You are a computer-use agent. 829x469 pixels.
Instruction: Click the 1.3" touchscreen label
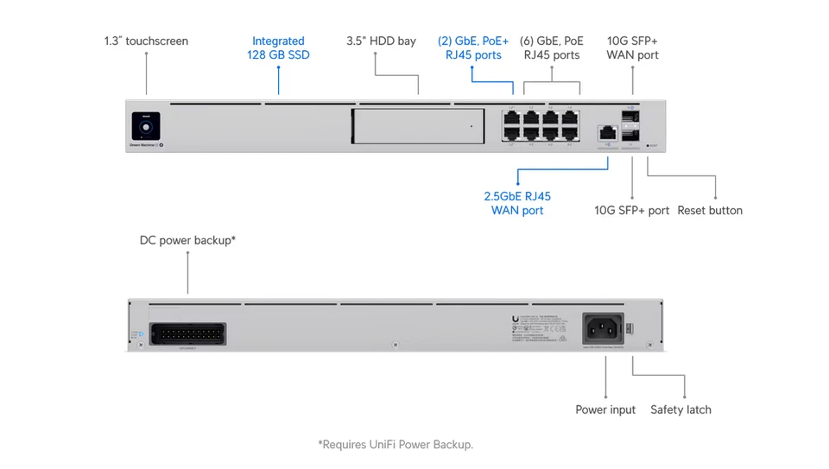[146, 41]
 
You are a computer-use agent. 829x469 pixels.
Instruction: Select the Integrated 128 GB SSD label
[278, 48]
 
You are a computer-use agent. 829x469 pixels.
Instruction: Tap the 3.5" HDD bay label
[381, 41]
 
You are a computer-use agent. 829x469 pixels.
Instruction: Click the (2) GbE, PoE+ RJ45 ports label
[473, 48]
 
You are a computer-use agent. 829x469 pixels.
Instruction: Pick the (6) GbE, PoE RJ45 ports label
[553, 48]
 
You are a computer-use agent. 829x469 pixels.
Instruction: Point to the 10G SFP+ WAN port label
[632, 48]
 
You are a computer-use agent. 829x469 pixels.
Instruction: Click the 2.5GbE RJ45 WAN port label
[517, 203]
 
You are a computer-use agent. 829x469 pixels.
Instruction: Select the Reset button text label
[709, 210]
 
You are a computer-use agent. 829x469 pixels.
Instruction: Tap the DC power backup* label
[187, 240]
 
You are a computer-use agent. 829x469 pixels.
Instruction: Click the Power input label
[605, 409]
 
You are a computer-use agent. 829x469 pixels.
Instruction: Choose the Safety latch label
[680, 409]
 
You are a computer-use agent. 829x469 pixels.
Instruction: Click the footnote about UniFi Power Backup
[396, 445]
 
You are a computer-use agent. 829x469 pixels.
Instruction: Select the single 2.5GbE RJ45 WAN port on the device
[608, 132]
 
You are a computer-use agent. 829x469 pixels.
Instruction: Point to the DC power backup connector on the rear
[188, 334]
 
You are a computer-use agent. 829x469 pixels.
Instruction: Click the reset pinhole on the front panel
[649, 145]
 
